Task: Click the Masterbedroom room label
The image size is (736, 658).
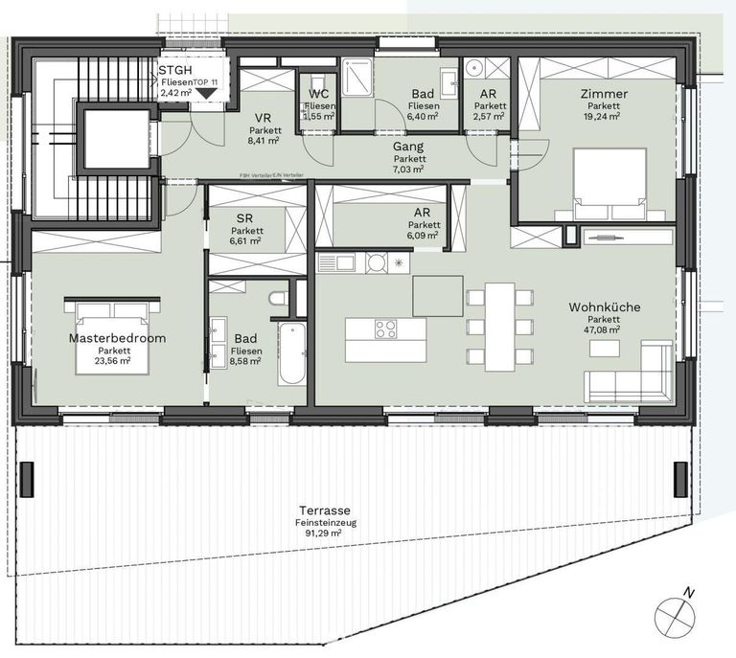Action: pos(117,338)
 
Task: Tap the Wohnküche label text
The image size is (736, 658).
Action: pos(605,307)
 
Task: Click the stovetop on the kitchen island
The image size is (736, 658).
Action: pos(385,329)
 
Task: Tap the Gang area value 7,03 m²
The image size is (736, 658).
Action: pos(409,169)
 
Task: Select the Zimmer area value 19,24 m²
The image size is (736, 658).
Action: pos(601,115)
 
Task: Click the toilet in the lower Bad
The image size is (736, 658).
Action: pos(279,301)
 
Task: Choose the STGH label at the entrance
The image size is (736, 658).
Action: pos(176,70)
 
